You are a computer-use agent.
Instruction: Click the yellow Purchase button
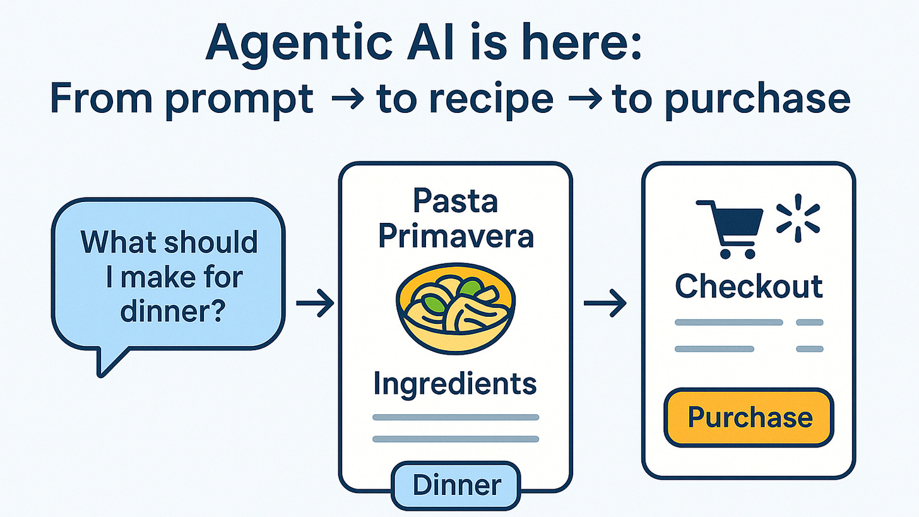[749, 418]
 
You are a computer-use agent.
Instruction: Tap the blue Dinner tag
[456, 485]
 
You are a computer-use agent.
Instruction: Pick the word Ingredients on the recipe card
[454, 383]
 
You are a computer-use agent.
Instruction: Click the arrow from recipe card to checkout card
[605, 304]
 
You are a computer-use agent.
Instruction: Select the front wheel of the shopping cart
[749, 253]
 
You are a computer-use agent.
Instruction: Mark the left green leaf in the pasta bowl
[432, 303]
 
